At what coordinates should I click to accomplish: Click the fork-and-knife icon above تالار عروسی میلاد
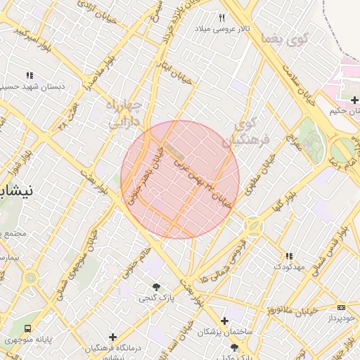click(222, 18)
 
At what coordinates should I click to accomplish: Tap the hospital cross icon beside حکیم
click(354, 100)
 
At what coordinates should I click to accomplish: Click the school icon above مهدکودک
click(288, 256)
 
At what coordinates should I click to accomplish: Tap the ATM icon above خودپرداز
click(341, 307)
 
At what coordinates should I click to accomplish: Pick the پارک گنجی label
click(153, 298)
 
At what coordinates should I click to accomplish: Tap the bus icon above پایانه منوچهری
click(27, 328)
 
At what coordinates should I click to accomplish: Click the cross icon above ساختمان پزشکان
click(224, 321)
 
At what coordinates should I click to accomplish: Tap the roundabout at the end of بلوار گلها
click(252, 226)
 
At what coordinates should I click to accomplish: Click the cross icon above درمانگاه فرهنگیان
click(112, 337)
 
